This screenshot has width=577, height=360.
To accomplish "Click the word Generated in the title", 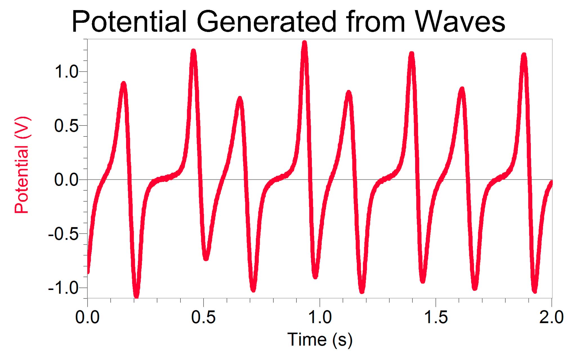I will (267, 22).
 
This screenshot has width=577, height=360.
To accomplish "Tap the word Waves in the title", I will (460, 22).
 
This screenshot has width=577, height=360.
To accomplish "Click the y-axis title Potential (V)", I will (22, 165).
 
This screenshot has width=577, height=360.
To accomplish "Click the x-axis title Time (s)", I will (320, 340).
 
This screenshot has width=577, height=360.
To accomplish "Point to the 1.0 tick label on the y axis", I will (66, 71).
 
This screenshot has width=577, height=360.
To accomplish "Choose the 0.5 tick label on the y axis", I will (66, 125).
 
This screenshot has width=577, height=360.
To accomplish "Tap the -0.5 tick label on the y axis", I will (63, 234).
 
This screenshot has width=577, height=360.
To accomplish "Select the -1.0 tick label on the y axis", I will (63, 288).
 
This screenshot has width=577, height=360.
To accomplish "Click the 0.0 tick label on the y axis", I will (66, 180).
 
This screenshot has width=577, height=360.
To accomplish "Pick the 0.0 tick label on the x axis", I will (87, 317).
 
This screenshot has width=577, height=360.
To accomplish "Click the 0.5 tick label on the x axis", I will (203, 317).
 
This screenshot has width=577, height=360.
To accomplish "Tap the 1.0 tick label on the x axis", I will (320, 317).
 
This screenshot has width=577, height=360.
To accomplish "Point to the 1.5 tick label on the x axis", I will (436, 317).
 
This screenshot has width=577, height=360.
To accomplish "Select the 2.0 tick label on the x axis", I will (551, 317).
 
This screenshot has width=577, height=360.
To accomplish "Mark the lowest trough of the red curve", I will (137, 295).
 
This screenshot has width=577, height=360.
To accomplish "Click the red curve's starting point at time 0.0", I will (88, 271).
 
